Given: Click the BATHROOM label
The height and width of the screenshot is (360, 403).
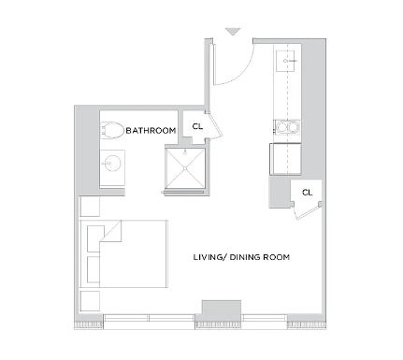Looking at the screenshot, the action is pyautogui.click(x=151, y=130).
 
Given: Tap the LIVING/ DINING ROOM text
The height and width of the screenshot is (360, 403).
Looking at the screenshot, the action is pyautogui.click(x=241, y=257).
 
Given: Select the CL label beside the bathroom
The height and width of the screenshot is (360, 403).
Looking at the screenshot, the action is pyautogui.click(x=197, y=126).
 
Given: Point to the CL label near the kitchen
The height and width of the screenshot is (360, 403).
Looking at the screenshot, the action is pyautogui.click(x=308, y=193).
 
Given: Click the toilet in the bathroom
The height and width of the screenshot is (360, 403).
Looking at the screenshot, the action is pyautogui.click(x=112, y=130).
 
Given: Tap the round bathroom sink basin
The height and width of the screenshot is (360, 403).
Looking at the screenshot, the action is pyautogui.click(x=112, y=163).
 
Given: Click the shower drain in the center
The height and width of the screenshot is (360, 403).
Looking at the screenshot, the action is pyautogui.click(x=185, y=168).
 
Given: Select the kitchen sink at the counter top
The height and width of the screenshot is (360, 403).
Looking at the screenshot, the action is pyautogui.click(x=285, y=61).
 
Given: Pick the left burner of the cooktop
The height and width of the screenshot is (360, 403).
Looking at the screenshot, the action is pyautogui.click(x=282, y=127).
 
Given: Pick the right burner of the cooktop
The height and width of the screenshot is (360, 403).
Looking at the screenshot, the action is pyautogui.click(x=293, y=127).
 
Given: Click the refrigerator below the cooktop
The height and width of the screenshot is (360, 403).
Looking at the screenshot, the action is pyautogui.click(x=285, y=159).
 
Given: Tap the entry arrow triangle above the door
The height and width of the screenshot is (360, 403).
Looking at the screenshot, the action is pyautogui.click(x=233, y=32).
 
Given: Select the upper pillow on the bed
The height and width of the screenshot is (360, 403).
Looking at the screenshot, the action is pyautogui.click(x=95, y=238).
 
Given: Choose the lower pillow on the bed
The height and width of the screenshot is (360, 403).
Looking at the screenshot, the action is pyautogui.click(x=94, y=269).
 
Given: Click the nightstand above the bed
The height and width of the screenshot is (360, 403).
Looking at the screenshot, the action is pyautogui.click(x=90, y=206).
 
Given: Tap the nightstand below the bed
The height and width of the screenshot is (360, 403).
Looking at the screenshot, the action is pyautogui.click(x=90, y=301).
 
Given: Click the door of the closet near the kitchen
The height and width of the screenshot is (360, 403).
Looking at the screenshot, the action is pyautogui.click(x=308, y=212).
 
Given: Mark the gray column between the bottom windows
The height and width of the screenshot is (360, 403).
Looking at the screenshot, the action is pyautogui.click(x=222, y=308).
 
